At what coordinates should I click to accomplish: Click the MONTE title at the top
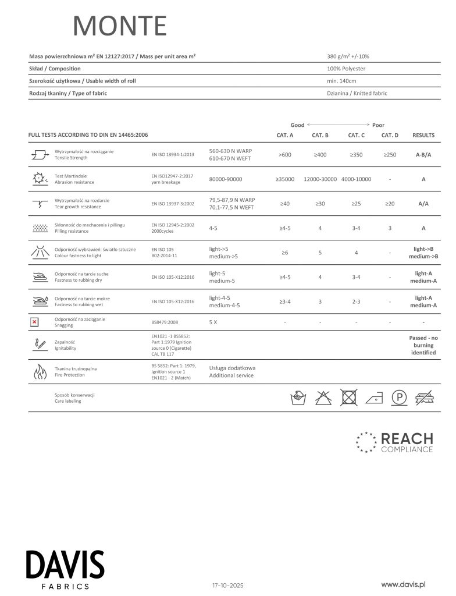tap(120, 26)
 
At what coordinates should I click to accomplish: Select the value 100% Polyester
tap(346, 69)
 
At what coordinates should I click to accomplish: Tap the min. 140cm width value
tap(341, 81)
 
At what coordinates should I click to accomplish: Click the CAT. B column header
tap(320, 135)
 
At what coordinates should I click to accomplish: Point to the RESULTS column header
tap(423, 135)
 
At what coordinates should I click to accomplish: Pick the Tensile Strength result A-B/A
tap(423, 155)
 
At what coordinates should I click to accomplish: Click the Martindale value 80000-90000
tap(226, 179)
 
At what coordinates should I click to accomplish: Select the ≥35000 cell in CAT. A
tap(285, 179)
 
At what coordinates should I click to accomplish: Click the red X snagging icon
tap(34, 322)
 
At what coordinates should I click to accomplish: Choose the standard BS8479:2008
tap(166, 322)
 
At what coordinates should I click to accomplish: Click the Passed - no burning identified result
tap(423, 345)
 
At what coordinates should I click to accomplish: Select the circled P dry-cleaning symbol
tap(398, 398)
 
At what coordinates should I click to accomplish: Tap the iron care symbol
tap(374, 398)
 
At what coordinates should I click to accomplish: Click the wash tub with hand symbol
tap(298, 398)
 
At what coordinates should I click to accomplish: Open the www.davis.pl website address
tap(404, 583)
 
